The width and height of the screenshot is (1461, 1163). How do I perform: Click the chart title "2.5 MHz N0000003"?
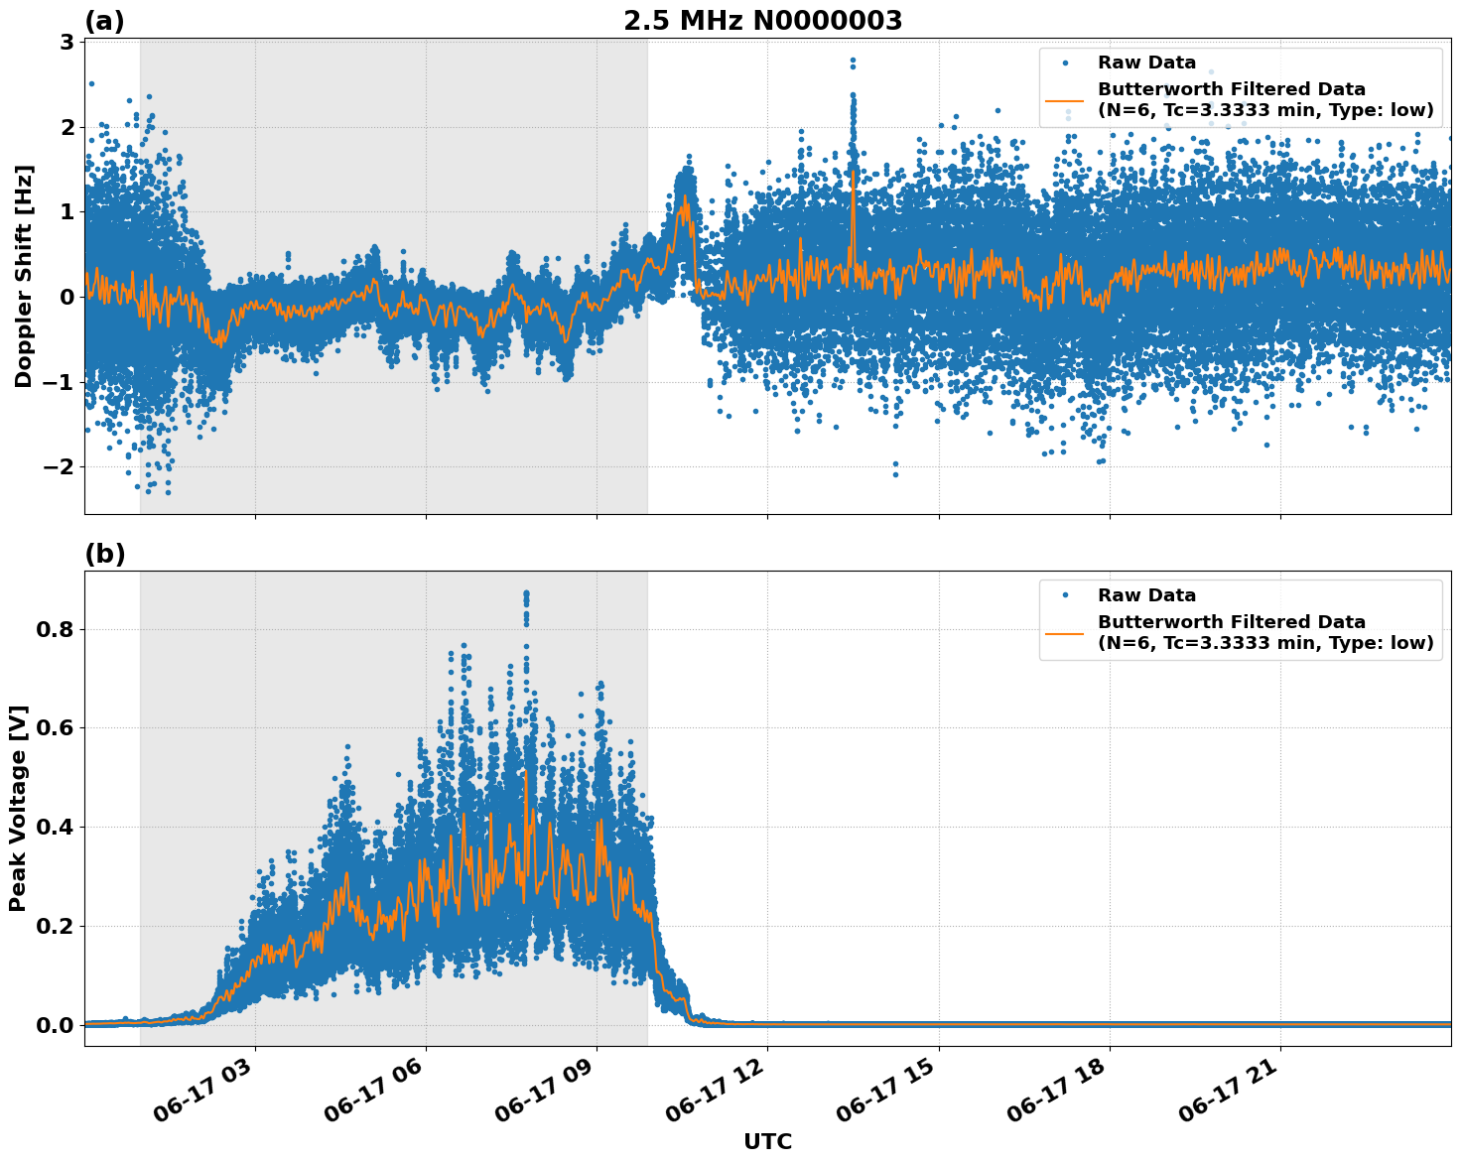(x=762, y=21)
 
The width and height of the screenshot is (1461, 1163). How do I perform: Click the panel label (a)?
(x=104, y=21)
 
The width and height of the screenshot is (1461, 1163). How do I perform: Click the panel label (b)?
(x=104, y=555)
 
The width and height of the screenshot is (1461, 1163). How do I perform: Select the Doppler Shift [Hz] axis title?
(x=24, y=276)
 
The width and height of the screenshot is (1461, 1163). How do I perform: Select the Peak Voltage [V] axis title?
(x=18, y=808)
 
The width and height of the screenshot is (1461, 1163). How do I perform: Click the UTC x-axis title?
(x=767, y=1141)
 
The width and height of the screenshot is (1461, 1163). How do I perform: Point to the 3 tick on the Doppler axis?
(x=66, y=42)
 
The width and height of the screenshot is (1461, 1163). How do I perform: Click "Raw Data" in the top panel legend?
(x=1146, y=63)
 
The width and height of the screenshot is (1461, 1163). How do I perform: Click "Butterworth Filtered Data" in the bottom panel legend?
(x=1231, y=622)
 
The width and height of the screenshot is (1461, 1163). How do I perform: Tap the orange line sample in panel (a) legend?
(x=1064, y=99)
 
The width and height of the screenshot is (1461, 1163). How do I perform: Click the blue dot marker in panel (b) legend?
(x=1064, y=595)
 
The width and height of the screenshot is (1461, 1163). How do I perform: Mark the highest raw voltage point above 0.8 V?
(x=526, y=593)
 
